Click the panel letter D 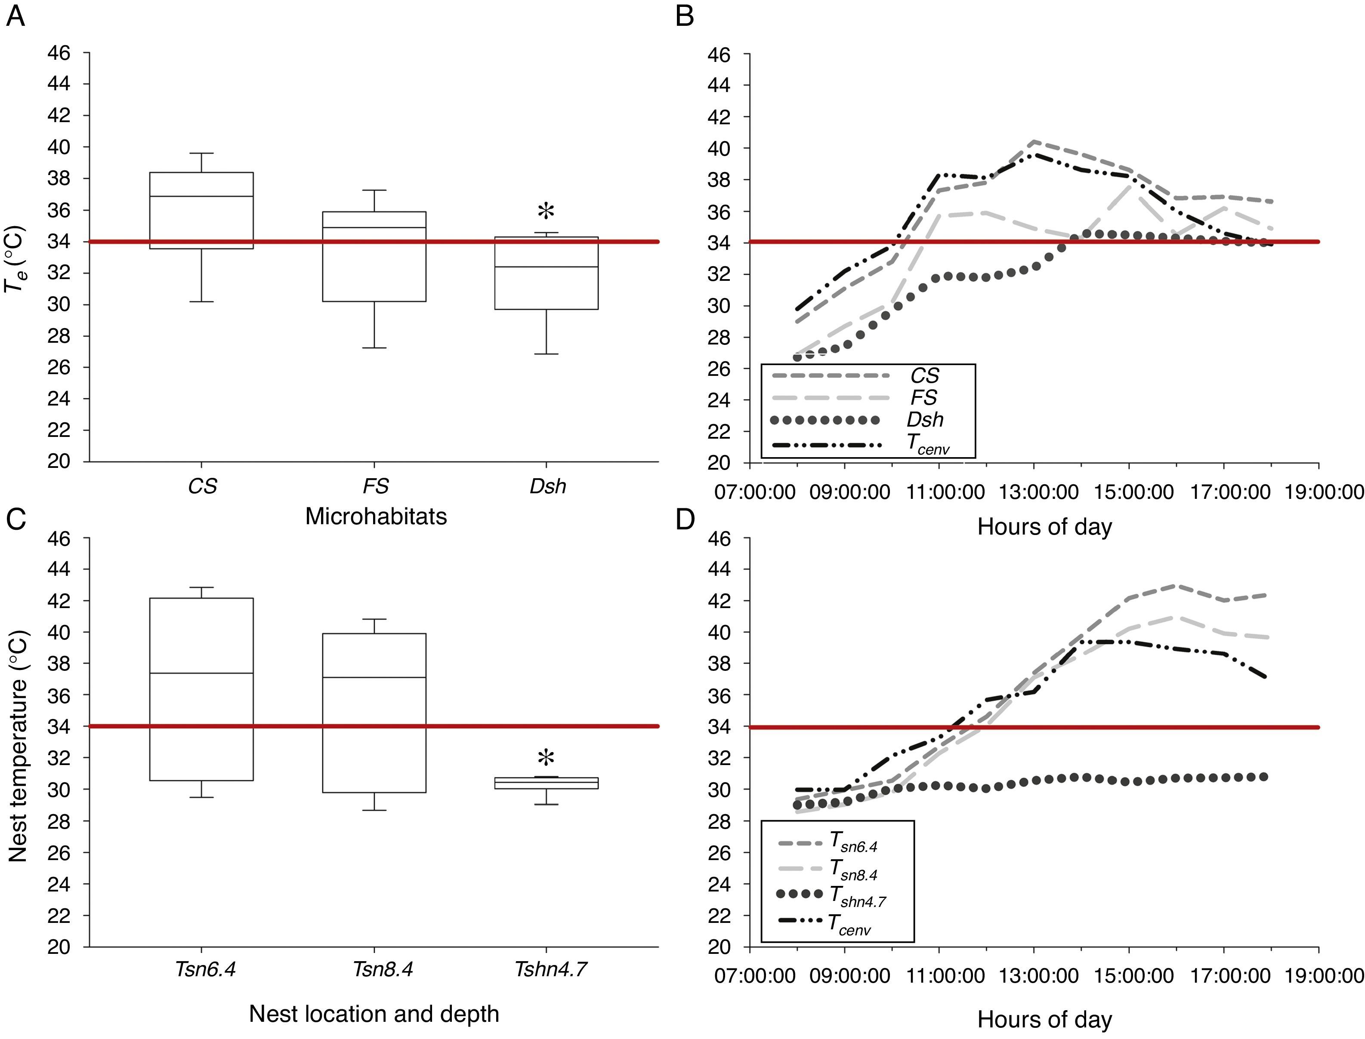tap(684, 520)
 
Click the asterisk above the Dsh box tap(546, 212)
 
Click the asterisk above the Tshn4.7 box tap(546, 758)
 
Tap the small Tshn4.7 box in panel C tap(546, 783)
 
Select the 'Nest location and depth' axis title tap(374, 1014)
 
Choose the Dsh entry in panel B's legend tap(924, 420)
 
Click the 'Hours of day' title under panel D tap(1044, 1020)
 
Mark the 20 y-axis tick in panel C tap(59, 947)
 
